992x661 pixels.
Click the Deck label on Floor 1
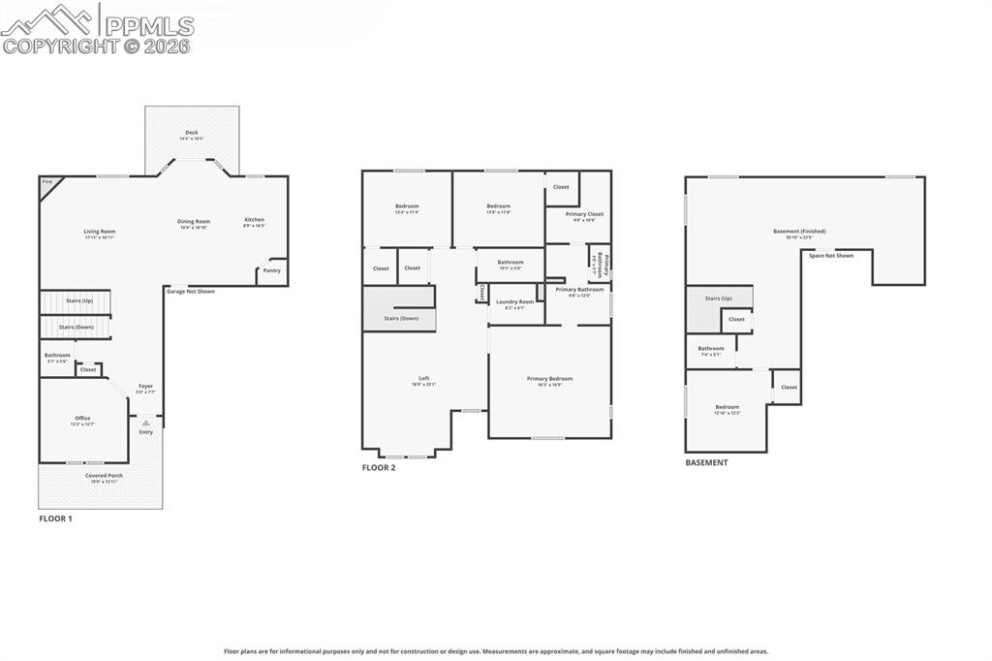[x=192, y=133]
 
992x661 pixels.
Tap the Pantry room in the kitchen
[x=272, y=270]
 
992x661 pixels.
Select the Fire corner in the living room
[x=46, y=182]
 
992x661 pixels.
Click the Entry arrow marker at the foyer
[x=146, y=424]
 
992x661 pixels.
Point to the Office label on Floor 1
[x=82, y=419]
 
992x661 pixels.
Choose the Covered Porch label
[x=104, y=476]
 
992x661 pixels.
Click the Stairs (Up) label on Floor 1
[x=79, y=301]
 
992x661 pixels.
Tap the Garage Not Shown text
[x=191, y=291]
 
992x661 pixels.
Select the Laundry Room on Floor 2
[x=514, y=302]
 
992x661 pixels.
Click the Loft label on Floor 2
[x=423, y=379]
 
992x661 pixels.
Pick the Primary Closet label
[x=584, y=214]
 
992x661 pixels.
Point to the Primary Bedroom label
[x=549, y=379]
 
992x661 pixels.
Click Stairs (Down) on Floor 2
[x=401, y=318]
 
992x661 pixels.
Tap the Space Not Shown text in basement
[x=831, y=256]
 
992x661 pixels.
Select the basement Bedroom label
[x=727, y=407]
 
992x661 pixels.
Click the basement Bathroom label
[x=711, y=349]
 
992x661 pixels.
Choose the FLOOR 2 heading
[x=379, y=468]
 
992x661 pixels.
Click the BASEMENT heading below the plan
[x=706, y=463]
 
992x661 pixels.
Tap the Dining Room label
[x=193, y=221]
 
